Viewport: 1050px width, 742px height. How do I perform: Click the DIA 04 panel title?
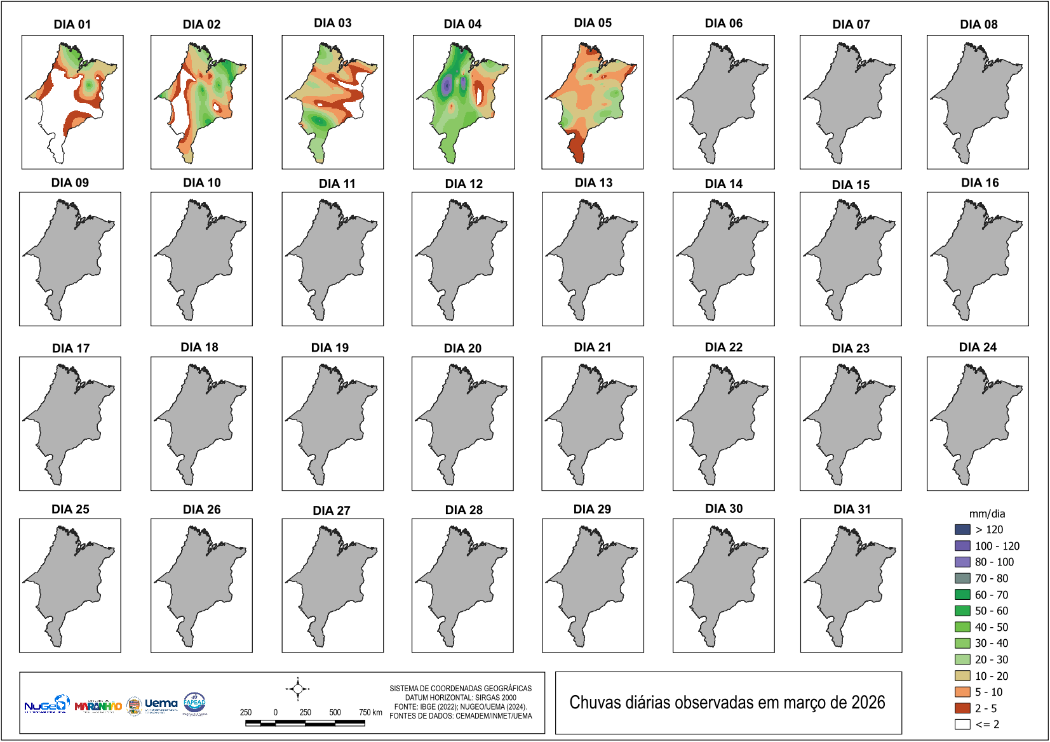[x=462, y=24]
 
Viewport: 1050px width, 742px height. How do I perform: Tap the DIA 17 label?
[x=71, y=348]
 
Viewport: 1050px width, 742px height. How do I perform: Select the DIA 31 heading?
[x=852, y=509]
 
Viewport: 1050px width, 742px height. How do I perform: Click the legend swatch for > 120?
[x=962, y=529]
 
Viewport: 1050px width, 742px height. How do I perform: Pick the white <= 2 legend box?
[x=962, y=724]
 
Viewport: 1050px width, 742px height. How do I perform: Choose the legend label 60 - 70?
[x=991, y=595]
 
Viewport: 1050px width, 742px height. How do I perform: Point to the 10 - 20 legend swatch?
[x=962, y=675]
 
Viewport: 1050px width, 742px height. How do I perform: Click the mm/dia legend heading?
[x=986, y=513]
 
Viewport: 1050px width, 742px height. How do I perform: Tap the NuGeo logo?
[x=46, y=705]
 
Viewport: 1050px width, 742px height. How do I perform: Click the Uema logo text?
[x=161, y=703]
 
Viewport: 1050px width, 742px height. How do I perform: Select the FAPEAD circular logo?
[x=194, y=703]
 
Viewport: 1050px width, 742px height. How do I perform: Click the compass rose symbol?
[x=297, y=689]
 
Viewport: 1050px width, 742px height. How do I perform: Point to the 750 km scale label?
[x=370, y=712]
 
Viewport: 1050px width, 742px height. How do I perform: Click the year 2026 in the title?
[x=868, y=703]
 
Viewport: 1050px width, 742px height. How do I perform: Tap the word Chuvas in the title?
[x=590, y=703]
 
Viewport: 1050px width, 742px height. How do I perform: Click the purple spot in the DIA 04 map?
[x=447, y=84]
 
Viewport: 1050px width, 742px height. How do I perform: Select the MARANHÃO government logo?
[x=98, y=706]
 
